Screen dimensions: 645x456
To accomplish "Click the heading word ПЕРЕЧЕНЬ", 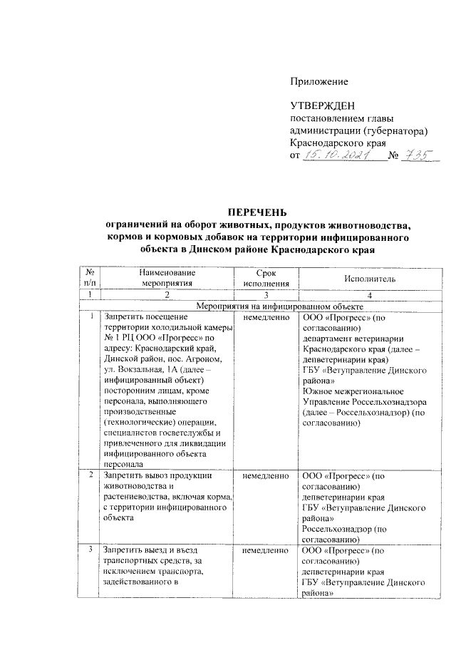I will click(257, 212).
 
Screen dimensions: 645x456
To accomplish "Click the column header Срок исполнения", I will click(265, 278).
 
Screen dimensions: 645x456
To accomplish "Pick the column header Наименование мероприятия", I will click(168, 278).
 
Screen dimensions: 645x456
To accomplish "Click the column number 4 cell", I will click(369, 294).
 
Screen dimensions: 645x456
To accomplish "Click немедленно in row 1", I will click(266, 316).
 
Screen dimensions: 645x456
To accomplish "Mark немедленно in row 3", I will click(266, 551).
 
